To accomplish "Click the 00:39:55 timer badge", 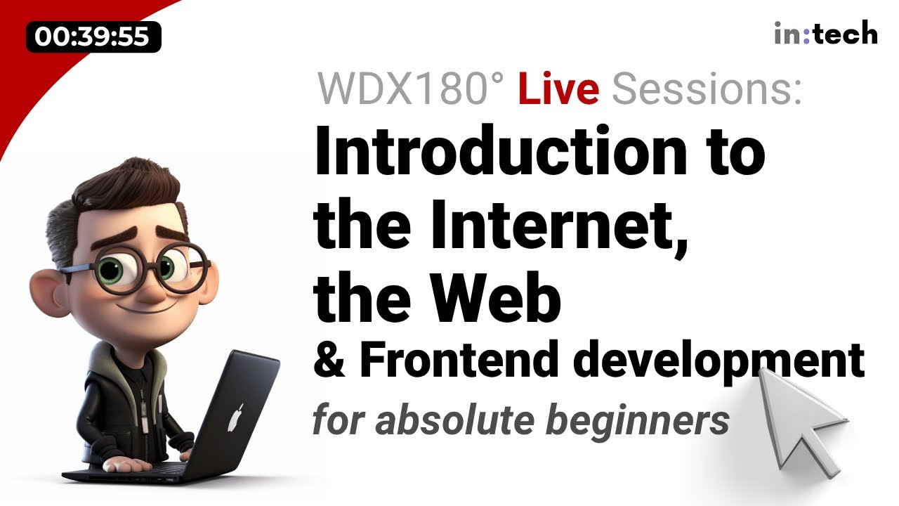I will pos(93,37).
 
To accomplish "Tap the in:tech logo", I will pos(825,33).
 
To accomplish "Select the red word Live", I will pos(558,91).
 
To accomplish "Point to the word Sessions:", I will pos(707,91).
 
